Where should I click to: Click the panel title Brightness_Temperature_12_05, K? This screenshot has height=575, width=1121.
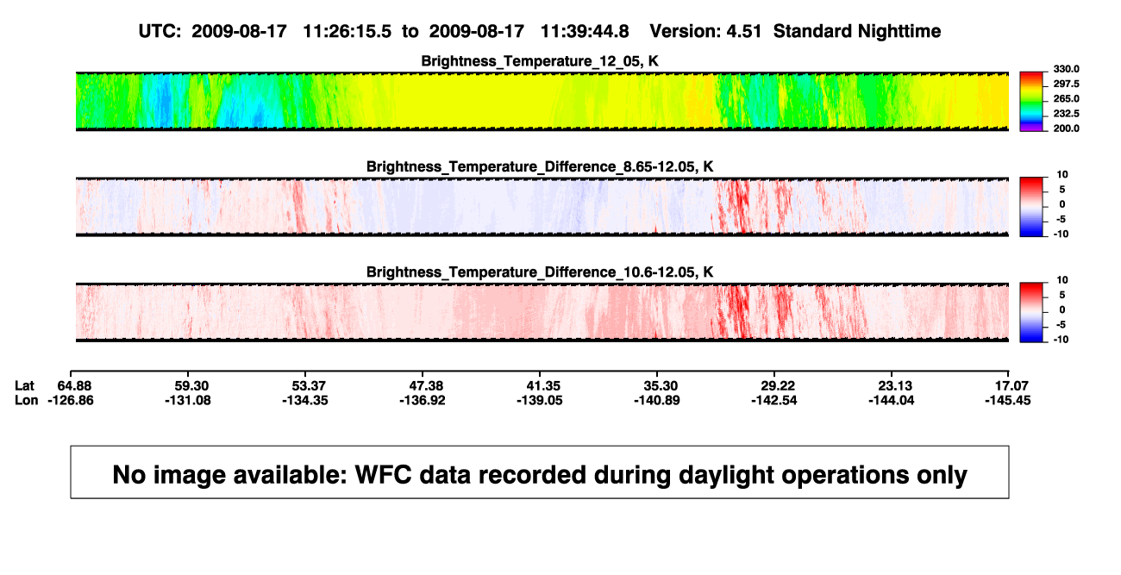(x=540, y=61)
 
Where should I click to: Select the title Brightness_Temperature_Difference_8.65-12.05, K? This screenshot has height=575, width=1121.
(x=540, y=166)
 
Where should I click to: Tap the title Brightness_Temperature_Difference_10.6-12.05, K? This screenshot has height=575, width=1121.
(x=540, y=272)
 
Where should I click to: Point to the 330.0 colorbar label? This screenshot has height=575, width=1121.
(x=1066, y=69)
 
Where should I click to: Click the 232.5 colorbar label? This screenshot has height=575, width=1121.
(x=1066, y=114)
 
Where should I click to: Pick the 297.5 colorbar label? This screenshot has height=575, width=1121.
(x=1066, y=84)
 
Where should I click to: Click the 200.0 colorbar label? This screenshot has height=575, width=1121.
(x=1066, y=128)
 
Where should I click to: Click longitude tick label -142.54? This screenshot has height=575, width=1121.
(x=774, y=400)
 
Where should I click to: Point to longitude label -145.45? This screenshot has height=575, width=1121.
(x=1008, y=400)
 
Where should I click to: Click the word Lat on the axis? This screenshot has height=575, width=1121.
(x=24, y=386)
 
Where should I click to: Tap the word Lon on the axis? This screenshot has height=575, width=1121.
(x=26, y=400)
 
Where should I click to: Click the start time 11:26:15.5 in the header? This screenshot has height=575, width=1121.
(x=348, y=31)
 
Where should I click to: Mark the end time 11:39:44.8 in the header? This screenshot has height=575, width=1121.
(x=585, y=31)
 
